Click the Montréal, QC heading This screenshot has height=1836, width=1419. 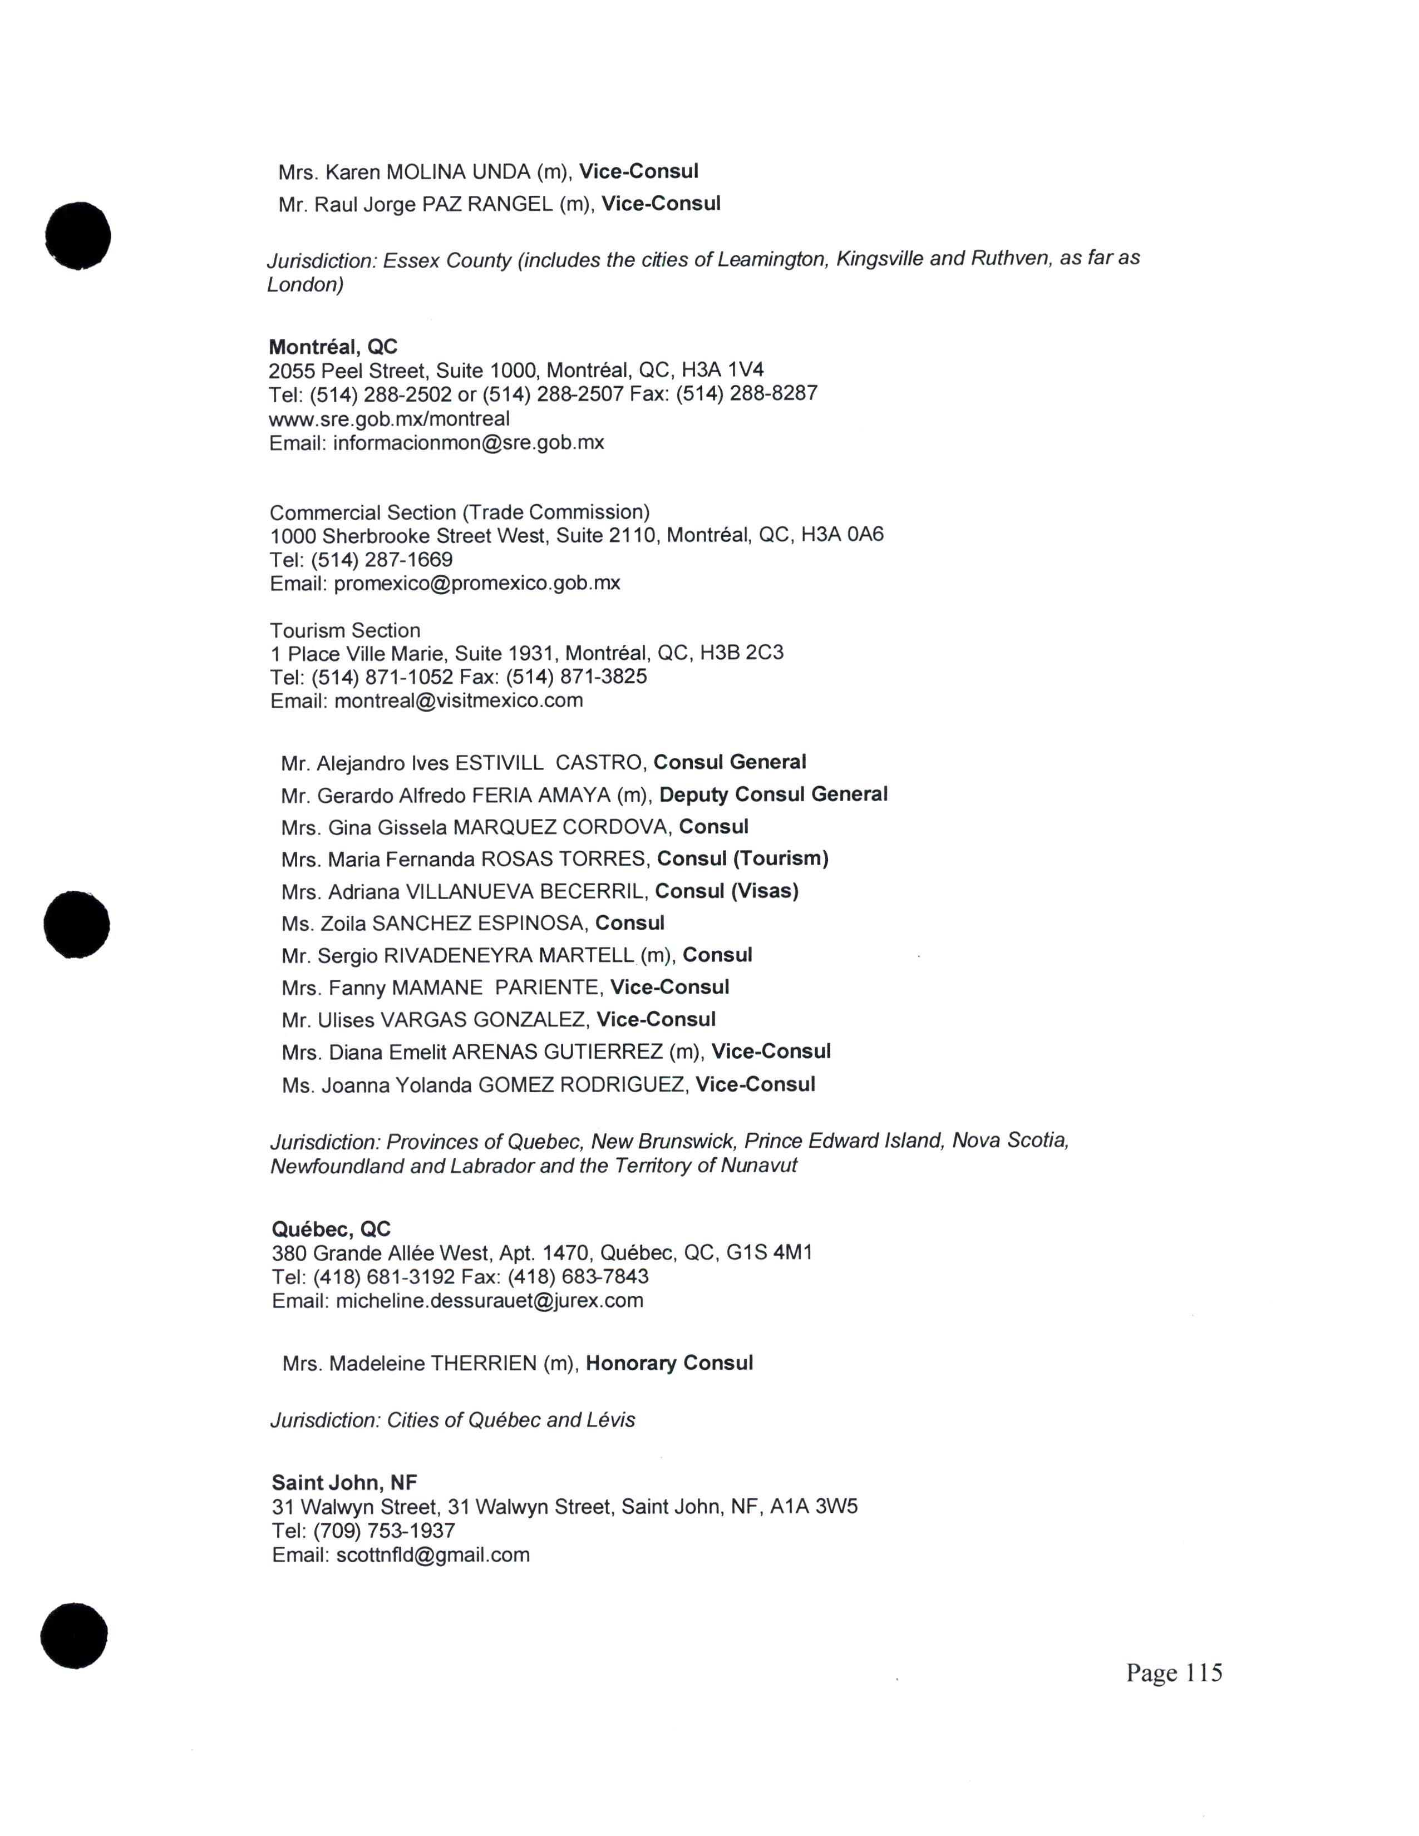point(333,347)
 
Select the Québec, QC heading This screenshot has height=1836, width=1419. point(331,1229)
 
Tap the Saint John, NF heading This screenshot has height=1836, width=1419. point(344,1482)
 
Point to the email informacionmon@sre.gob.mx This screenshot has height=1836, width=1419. point(468,442)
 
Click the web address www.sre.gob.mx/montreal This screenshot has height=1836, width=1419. point(389,418)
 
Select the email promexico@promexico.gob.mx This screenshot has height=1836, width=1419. point(477,583)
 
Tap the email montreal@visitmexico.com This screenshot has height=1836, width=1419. point(458,700)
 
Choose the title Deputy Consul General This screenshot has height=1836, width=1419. point(773,794)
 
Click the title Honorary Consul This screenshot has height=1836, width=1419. point(669,1363)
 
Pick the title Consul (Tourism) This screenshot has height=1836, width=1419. point(742,858)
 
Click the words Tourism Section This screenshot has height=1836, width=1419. point(344,630)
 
